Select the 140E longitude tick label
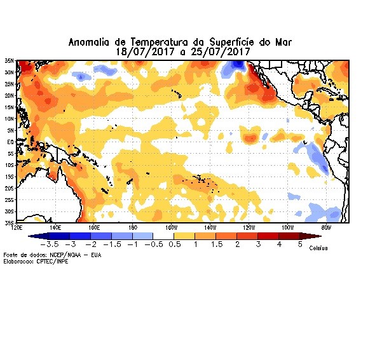tap(55, 227)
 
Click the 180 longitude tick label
tap(133, 227)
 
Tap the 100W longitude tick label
tap(287, 227)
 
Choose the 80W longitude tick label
tap(327, 227)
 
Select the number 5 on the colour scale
tap(300, 244)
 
